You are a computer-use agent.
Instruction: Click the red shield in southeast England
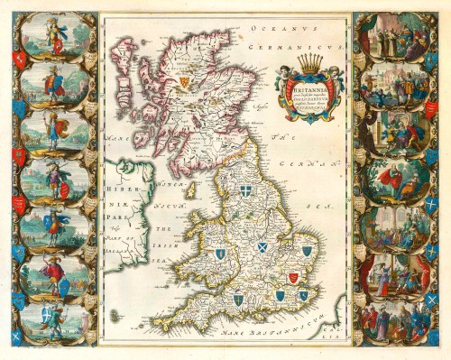pyautogui.click(x=292, y=277)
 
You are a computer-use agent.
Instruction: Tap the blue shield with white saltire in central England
pyautogui.click(x=262, y=246)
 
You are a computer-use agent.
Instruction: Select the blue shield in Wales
pyautogui.click(x=219, y=254)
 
